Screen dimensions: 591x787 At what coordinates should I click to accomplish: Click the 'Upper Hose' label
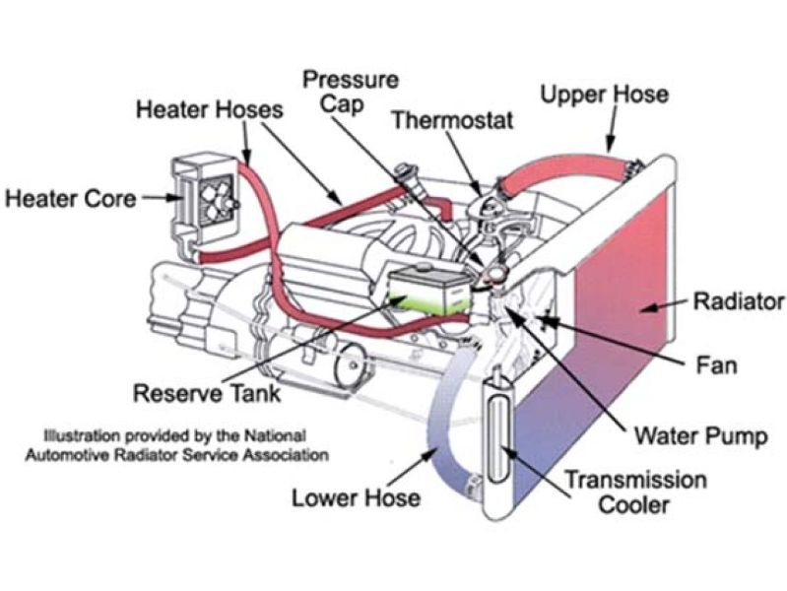coord(605,95)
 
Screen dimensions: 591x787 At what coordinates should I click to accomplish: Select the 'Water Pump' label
coord(699,434)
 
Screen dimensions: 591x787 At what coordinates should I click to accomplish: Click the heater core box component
coord(205,196)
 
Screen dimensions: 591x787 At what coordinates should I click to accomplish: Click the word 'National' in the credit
coord(281,434)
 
